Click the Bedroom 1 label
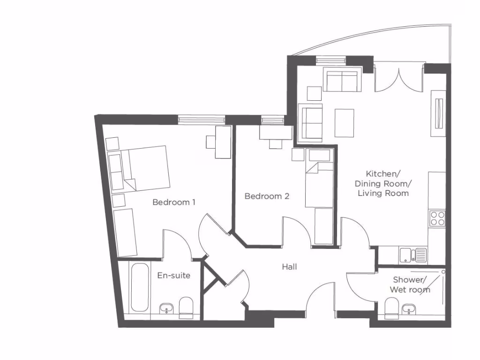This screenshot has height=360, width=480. coord(174,202)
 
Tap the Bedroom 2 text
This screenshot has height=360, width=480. coord(267,196)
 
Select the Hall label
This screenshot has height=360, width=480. coord(289,267)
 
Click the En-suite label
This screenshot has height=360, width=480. coord(173,275)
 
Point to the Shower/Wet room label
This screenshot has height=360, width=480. coord(409,285)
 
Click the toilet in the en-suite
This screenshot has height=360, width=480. coord(186,307)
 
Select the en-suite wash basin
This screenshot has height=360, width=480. coord(166,308)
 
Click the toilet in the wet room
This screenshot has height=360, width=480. coord(391,308)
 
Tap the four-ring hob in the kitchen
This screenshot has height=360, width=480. coord(437,218)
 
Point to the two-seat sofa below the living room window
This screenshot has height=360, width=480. coord(342,81)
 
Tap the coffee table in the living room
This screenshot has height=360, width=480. coord(344,123)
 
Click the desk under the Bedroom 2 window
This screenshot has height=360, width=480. coord(275,133)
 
